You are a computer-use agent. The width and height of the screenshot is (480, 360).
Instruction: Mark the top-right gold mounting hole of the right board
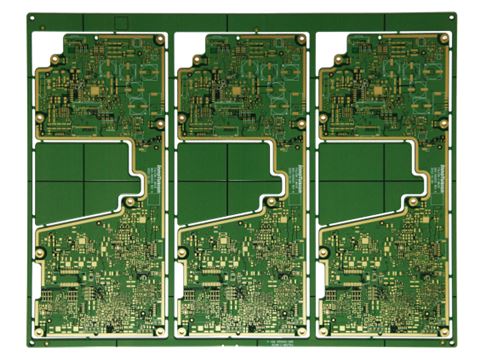click(x=442, y=39)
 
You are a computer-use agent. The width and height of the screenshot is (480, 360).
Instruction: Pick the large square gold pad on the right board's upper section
click(x=378, y=89)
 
